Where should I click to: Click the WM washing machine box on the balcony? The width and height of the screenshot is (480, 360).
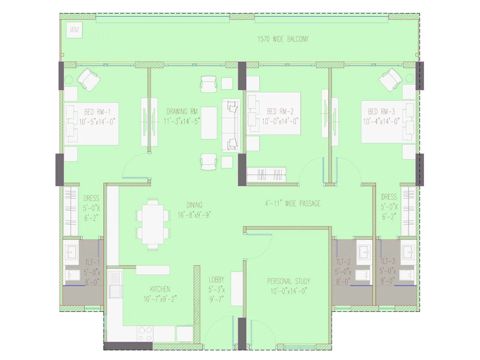(74, 30)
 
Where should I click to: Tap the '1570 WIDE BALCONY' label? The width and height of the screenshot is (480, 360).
(283, 39)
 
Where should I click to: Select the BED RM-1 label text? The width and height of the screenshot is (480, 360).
(97, 112)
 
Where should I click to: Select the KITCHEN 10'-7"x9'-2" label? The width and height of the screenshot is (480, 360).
(160, 294)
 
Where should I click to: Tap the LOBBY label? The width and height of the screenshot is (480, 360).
(216, 280)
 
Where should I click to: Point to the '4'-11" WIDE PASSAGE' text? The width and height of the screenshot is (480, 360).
(292, 204)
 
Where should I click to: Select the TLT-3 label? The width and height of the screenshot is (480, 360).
(388, 261)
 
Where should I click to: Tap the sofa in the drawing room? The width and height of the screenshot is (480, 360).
(231, 125)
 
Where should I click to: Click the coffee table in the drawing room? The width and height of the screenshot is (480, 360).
(209, 123)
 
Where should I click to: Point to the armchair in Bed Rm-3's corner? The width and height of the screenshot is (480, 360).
(391, 79)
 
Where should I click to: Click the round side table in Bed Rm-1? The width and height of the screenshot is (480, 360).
(69, 79)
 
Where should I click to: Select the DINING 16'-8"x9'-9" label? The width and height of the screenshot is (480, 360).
(194, 210)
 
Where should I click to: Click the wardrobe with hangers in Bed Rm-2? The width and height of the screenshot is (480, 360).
(266, 175)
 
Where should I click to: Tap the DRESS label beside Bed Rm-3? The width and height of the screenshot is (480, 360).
(389, 197)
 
